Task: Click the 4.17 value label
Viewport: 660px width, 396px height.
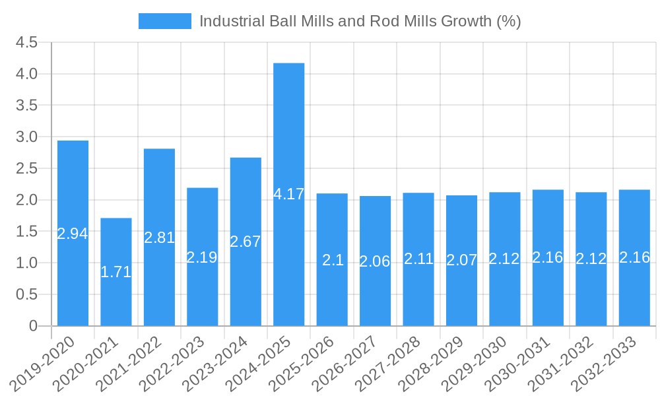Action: coord(288,195)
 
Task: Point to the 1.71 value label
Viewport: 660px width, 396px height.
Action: coord(116,272)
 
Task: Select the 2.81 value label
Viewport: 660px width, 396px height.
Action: coord(159,238)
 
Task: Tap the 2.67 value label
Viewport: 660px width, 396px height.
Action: coord(246,242)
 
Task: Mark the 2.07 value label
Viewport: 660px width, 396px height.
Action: coord(461,260)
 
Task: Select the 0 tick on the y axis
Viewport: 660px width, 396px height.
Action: coord(34,326)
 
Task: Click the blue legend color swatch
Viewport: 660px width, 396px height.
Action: coord(164,21)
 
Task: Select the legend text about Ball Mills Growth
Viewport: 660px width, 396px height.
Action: coord(360,21)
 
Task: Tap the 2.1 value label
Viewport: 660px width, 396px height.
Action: coord(332,260)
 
